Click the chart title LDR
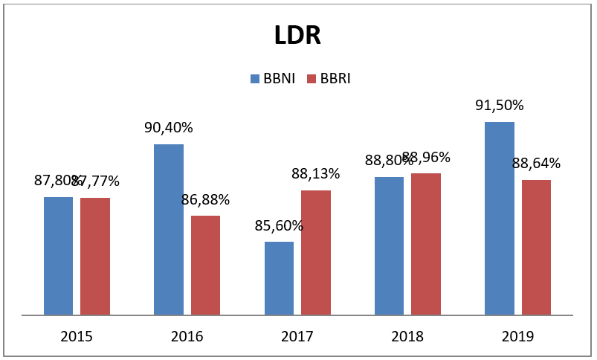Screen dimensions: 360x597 pyautogui.click(x=297, y=35)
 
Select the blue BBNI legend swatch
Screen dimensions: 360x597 pyautogui.click(x=255, y=79)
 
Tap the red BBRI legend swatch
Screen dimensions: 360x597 pyautogui.click(x=313, y=79)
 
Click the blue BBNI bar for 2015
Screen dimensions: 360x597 pyautogui.click(x=58, y=256)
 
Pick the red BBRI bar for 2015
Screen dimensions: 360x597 pyautogui.click(x=95, y=256)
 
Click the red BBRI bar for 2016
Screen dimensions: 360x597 pyautogui.click(x=205, y=265)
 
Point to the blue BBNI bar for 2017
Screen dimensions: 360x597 pyautogui.click(x=279, y=278)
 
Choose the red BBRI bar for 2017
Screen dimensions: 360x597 pyautogui.click(x=316, y=252)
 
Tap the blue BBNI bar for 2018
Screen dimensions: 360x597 pyautogui.click(x=389, y=245)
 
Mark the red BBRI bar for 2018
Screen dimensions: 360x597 pyautogui.click(x=426, y=244)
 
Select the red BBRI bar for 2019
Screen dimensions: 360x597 pyautogui.click(x=536, y=247)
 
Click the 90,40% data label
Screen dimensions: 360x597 pyautogui.click(x=169, y=127)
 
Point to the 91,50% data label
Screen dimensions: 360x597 pyautogui.click(x=500, y=105)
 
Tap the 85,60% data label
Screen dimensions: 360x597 pyautogui.click(x=279, y=225)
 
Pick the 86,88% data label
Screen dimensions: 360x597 pyautogui.click(x=205, y=199)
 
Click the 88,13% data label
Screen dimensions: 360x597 pyautogui.click(x=316, y=173)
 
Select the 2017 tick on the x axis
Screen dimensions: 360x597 pyautogui.click(x=297, y=336)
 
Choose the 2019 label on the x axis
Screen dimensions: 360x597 pyautogui.click(x=517, y=336)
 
